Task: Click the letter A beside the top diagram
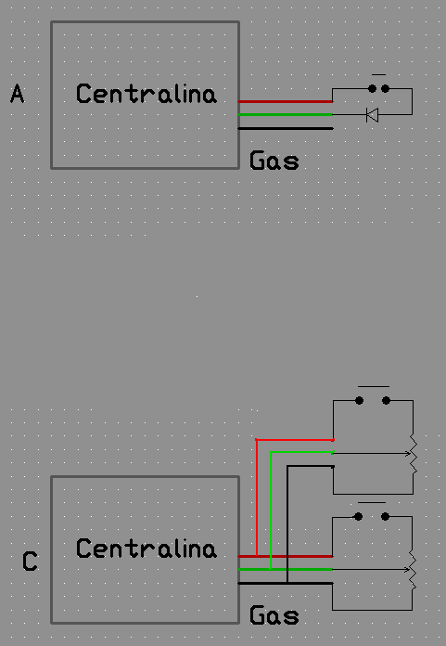[x=18, y=94]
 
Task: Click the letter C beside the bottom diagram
[x=30, y=562]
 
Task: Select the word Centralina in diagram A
[x=147, y=94]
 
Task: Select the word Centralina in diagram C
[x=147, y=549]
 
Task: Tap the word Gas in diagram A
[x=274, y=161]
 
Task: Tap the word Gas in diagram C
[x=274, y=615]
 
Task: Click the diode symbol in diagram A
[x=373, y=115]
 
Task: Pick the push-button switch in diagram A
[x=379, y=86]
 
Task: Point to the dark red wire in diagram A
[x=286, y=101]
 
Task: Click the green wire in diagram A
[x=286, y=114]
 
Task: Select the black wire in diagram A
[x=286, y=128]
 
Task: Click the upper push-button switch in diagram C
[x=373, y=397]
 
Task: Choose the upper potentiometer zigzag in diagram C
[x=414, y=455]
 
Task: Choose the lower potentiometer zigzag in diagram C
[x=413, y=572]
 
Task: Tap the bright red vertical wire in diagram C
[x=256, y=497]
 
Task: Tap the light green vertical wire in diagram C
[x=271, y=510]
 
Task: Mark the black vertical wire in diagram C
[x=287, y=524]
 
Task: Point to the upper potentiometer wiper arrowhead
[x=408, y=454]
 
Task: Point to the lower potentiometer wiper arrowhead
[x=407, y=570]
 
